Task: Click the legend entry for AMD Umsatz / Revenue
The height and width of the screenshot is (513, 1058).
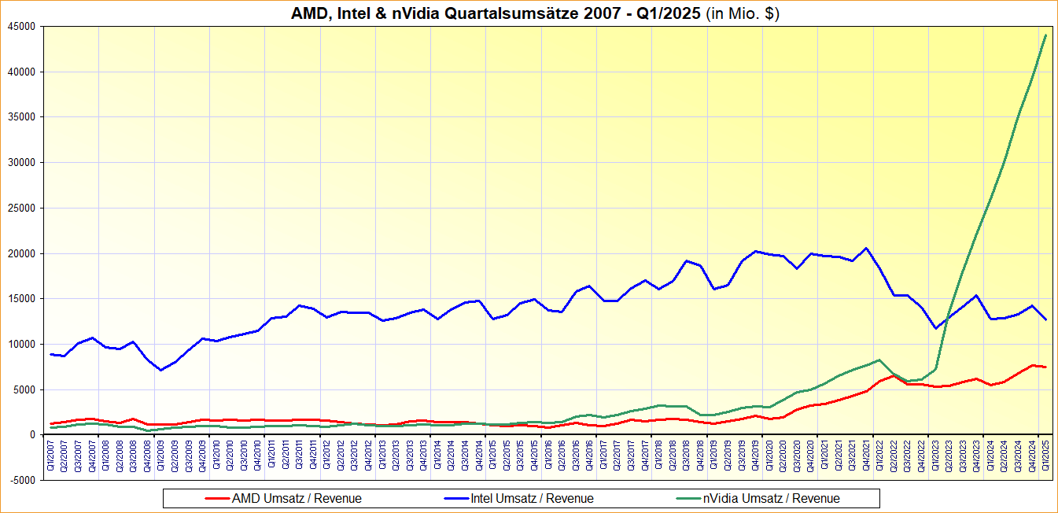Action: (x=295, y=498)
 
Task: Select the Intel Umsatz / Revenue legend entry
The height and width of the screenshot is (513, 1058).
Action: (x=531, y=498)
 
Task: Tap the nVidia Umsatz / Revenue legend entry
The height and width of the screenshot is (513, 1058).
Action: (x=771, y=498)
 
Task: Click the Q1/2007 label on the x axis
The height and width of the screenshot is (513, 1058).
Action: (x=52, y=456)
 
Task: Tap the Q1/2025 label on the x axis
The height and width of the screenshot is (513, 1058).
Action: (x=1045, y=456)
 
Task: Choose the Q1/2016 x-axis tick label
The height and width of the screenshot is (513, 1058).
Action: (x=549, y=456)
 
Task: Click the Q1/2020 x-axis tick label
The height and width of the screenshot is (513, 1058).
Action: (x=770, y=456)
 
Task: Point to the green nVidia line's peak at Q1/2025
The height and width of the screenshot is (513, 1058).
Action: (x=1045, y=35)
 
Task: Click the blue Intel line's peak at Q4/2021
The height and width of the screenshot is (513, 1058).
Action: (x=866, y=248)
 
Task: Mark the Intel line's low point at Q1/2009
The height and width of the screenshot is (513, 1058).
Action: (x=161, y=370)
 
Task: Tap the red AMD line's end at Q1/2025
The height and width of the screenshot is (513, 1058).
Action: (x=1045, y=367)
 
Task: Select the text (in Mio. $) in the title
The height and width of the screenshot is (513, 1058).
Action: (x=741, y=13)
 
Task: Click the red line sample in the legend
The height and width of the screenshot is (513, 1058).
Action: (x=216, y=498)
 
